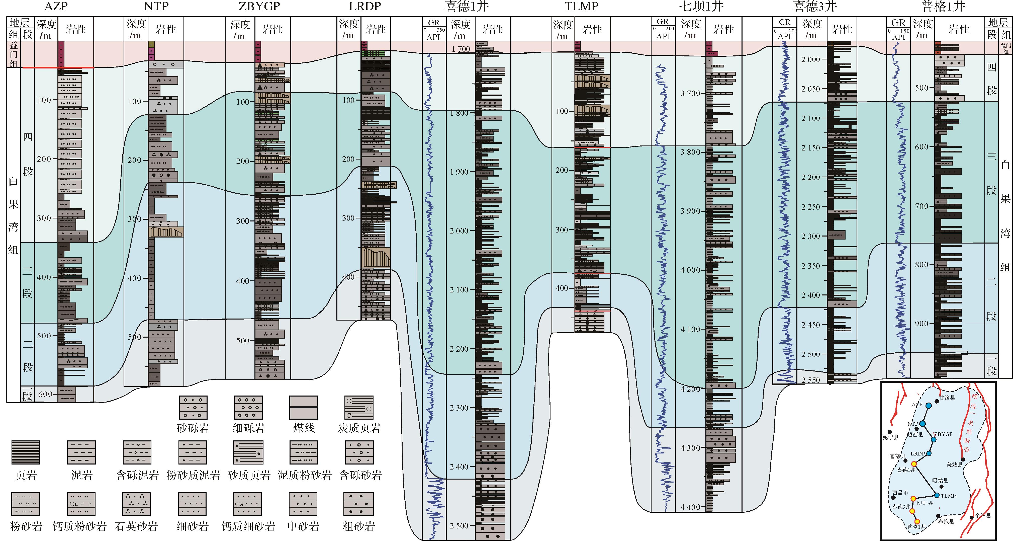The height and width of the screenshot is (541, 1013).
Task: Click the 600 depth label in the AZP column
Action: (x=45, y=394)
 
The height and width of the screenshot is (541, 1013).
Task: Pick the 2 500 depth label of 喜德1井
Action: (x=459, y=526)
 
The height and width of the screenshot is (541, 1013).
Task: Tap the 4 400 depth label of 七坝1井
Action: (x=691, y=507)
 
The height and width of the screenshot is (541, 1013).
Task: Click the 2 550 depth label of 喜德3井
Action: (x=811, y=380)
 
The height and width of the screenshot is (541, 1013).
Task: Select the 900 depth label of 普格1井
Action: (x=921, y=323)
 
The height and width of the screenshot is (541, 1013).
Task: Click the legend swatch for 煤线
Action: (x=304, y=408)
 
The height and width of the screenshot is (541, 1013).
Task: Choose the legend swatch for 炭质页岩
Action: (x=359, y=408)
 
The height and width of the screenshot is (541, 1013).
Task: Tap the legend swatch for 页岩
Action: (x=26, y=452)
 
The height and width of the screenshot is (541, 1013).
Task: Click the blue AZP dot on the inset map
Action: (x=929, y=406)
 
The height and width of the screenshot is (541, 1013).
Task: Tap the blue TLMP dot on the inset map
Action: (x=937, y=495)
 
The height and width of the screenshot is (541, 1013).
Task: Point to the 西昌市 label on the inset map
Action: (x=900, y=492)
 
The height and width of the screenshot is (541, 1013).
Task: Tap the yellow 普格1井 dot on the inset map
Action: (x=917, y=521)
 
